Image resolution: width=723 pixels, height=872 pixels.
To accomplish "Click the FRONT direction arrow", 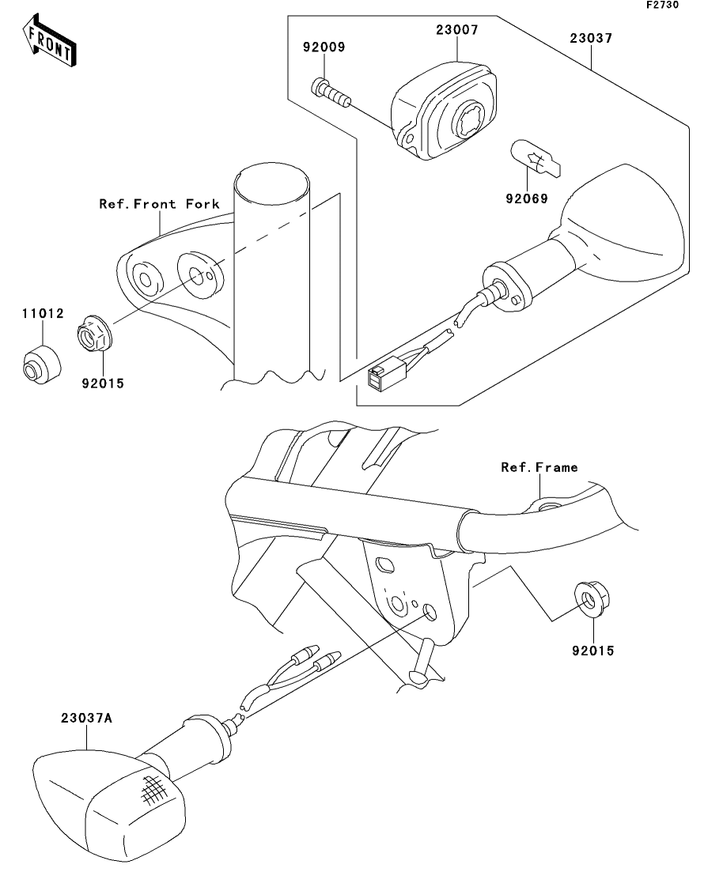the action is point(49,40).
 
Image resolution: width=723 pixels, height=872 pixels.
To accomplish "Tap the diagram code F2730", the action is point(662,5).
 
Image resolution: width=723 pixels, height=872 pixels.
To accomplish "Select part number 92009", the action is point(324,47).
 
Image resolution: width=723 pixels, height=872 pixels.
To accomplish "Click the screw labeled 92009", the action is point(331,92).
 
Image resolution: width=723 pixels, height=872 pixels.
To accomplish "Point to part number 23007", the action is point(457,30).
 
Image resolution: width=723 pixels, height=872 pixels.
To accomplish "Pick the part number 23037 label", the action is point(591,39).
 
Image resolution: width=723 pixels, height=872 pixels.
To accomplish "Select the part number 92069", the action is point(527,198).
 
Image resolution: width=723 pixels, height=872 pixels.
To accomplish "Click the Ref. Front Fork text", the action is point(160,204).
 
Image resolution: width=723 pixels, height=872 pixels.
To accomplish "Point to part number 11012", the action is point(43,314).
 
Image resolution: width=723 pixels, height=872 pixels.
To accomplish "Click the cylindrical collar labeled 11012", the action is point(41,364).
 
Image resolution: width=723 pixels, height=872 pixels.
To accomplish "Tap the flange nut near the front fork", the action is point(94,334).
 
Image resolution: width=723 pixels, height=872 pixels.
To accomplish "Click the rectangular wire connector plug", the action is point(380,376).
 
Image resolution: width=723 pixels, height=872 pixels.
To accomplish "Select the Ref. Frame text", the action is point(539,468).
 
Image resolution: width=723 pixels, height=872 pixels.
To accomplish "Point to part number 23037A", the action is point(86,719).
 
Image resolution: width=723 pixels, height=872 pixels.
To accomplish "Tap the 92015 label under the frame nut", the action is point(593,651).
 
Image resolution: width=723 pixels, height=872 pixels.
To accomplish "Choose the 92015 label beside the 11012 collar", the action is point(103,383).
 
